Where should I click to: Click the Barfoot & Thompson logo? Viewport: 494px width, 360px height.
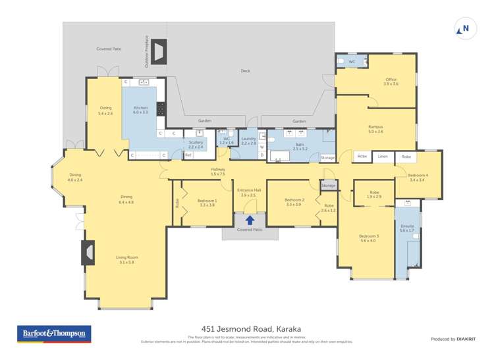pos(53,334)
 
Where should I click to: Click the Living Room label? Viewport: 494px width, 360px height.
pos(126,259)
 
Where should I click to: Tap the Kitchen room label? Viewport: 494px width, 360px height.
pos(141,110)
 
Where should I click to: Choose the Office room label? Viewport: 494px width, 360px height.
pos(391,82)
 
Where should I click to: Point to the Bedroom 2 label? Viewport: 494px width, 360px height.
pos(294,202)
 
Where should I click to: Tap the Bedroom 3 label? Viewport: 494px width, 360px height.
pos(369,238)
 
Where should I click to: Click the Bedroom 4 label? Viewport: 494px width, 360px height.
pos(417,177)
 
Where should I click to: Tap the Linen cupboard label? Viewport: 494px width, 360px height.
pos(383,157)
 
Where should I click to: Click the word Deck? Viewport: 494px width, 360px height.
pos(245,71)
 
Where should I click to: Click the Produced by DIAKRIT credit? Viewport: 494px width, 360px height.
pos(452,339)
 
